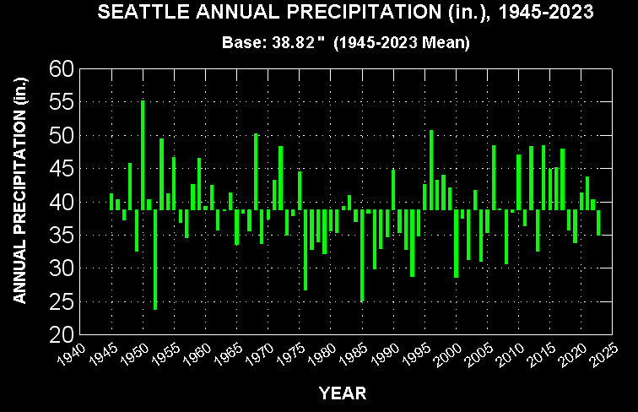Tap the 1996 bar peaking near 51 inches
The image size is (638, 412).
pyautogui.click(x=431, y=170)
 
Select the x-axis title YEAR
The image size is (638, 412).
pyautogui.click(x=342, y=393)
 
